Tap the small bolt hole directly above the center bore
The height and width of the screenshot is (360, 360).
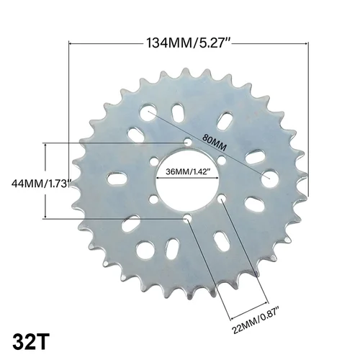188,143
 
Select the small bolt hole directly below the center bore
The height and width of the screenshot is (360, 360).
188,217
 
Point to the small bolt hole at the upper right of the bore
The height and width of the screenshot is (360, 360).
222,161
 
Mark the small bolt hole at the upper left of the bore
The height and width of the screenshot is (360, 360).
155,162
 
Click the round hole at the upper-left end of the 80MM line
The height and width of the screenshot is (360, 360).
149,112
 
